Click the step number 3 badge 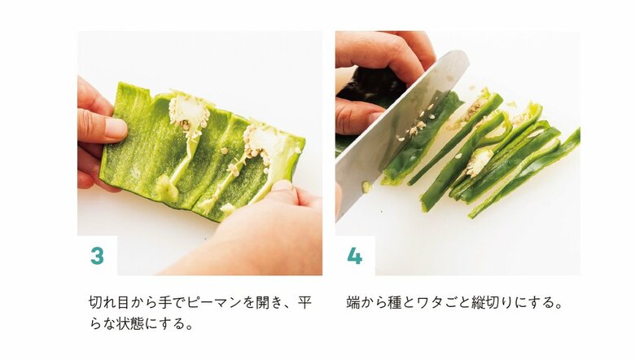[97, 255]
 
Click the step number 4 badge [355, 255]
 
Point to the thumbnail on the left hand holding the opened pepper [114, 128]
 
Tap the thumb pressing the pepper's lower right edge [282, 195]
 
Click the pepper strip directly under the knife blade [415, 151]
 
